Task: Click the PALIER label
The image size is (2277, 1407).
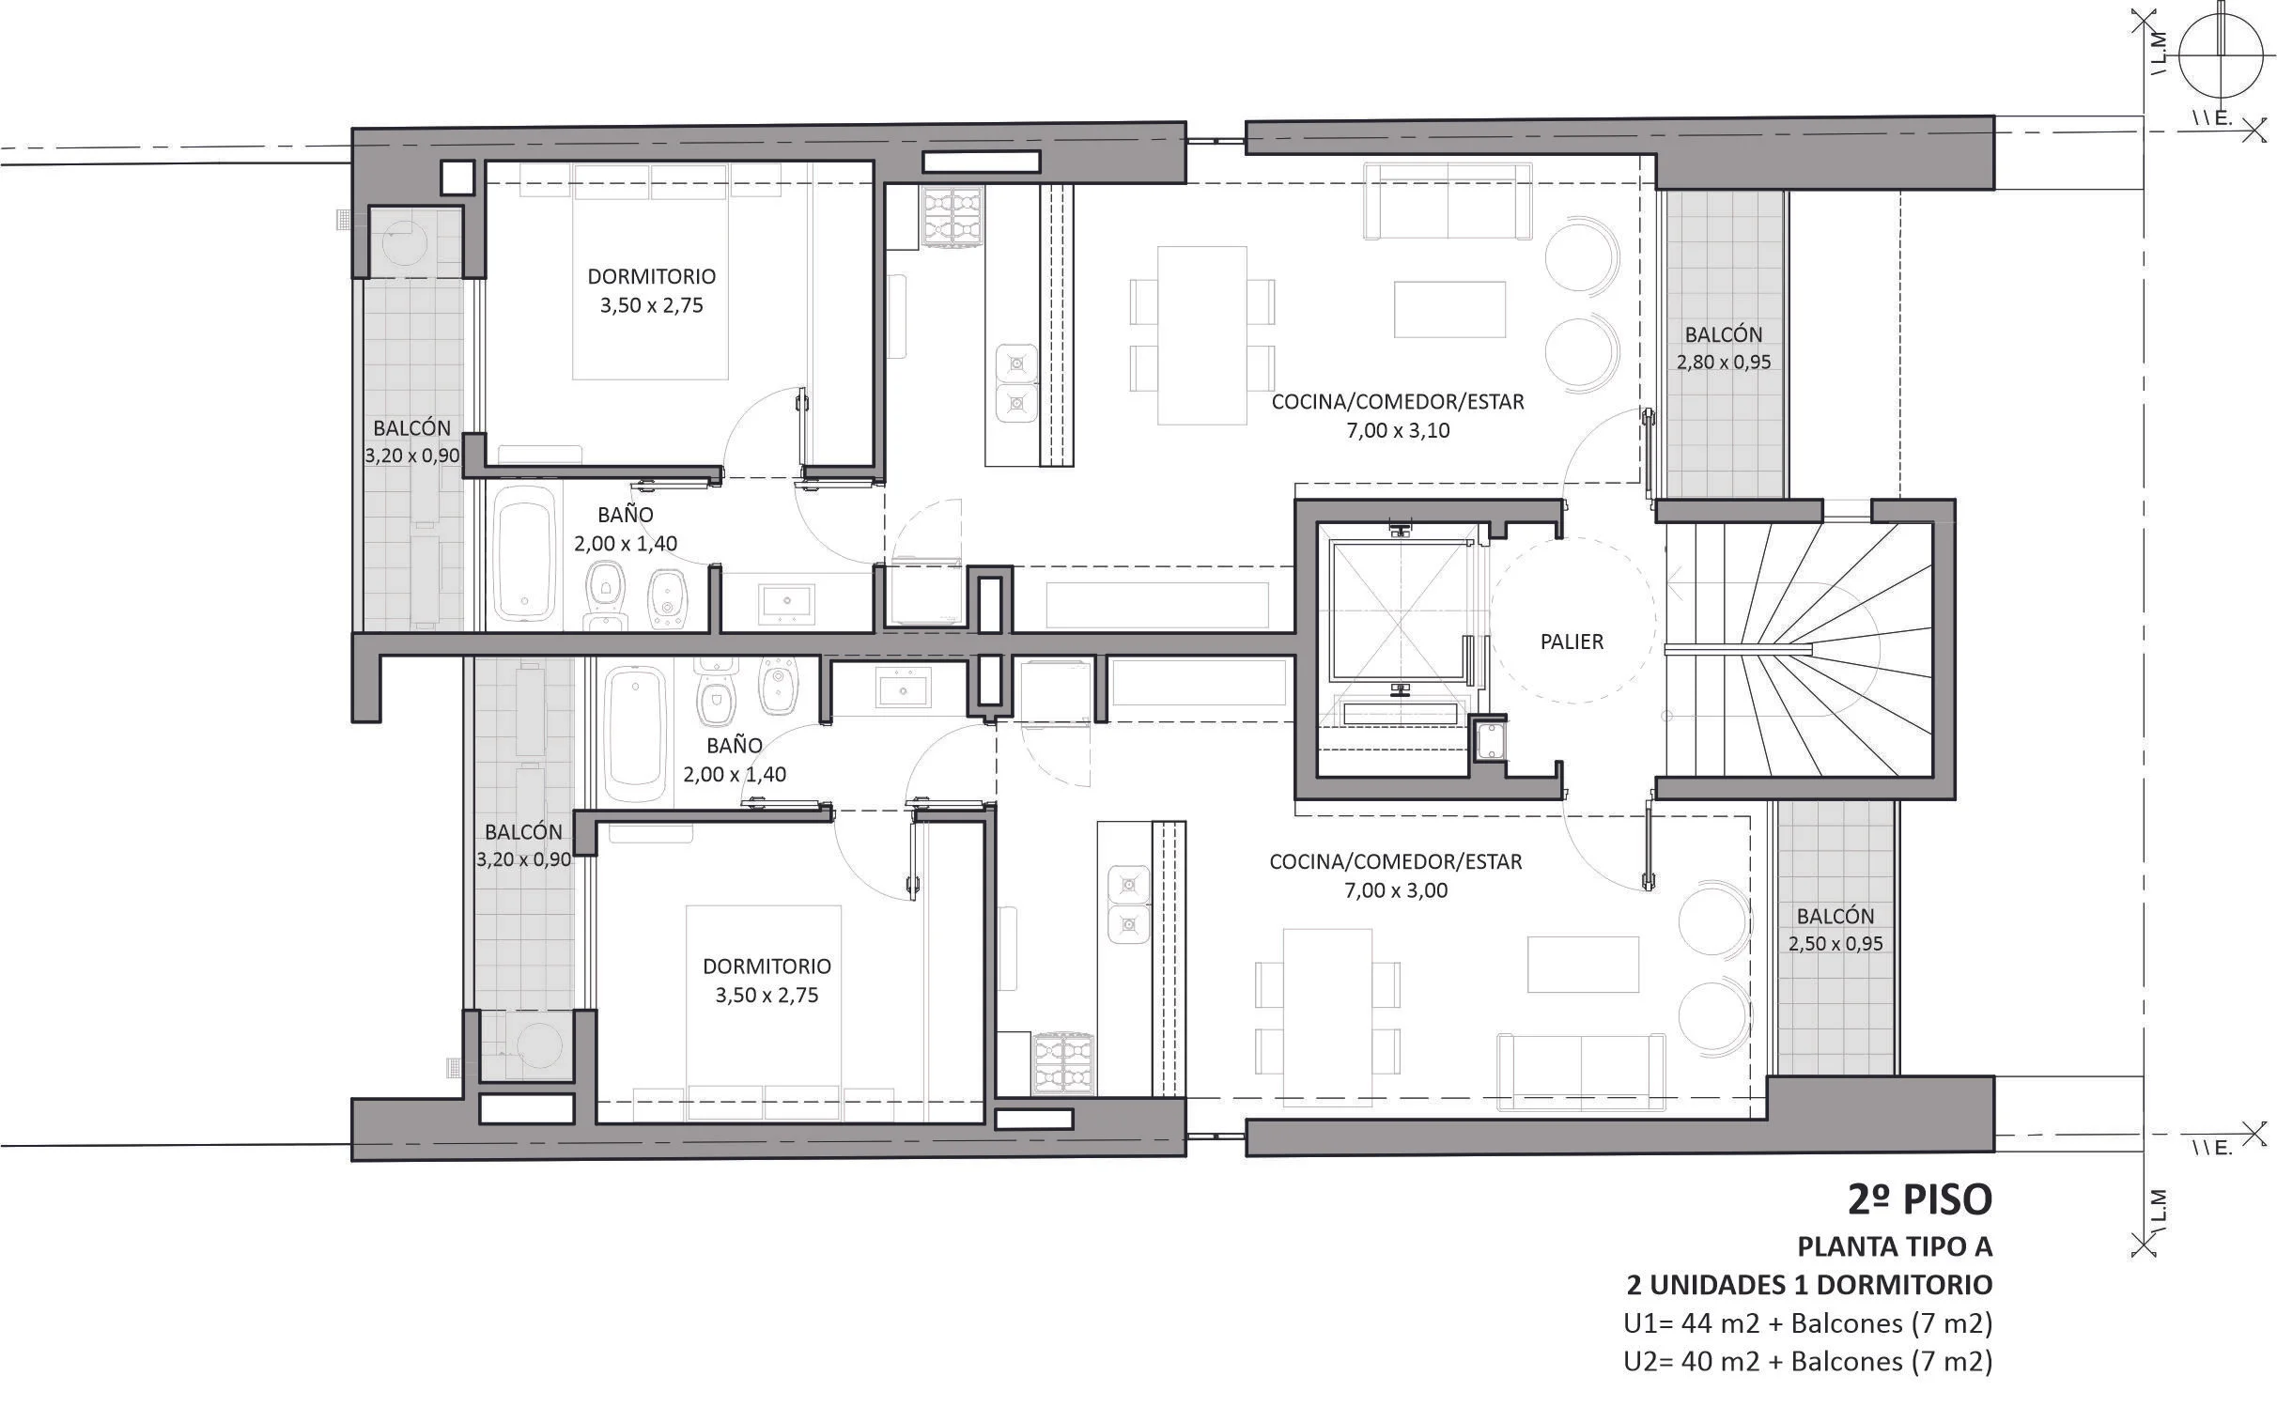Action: click(1572, 642)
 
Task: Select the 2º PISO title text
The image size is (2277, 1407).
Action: click(1920, 1199)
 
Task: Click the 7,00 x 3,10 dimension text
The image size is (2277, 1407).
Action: click(1398, 431)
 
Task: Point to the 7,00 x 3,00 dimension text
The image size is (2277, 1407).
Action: click(1396, 890)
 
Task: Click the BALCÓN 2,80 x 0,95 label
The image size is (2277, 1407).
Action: click(1724, 348)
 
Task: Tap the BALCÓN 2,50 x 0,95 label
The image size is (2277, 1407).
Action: click(1836, 930)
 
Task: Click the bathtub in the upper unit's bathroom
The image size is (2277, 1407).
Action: click(524, 553)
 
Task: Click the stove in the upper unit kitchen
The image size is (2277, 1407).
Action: click(953, 217)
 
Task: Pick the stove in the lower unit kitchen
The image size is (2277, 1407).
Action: click(1064, 1063)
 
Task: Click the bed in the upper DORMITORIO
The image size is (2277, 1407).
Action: click(651, 271)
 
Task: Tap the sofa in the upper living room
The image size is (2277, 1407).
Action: click(1448, 201)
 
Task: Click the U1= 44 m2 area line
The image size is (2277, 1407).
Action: click(1808, 1323)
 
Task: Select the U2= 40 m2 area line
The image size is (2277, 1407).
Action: click(1808, 1361)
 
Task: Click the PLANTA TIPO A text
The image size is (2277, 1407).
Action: click(1895, 1246)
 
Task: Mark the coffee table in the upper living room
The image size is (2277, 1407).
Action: click(1450, 309)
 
